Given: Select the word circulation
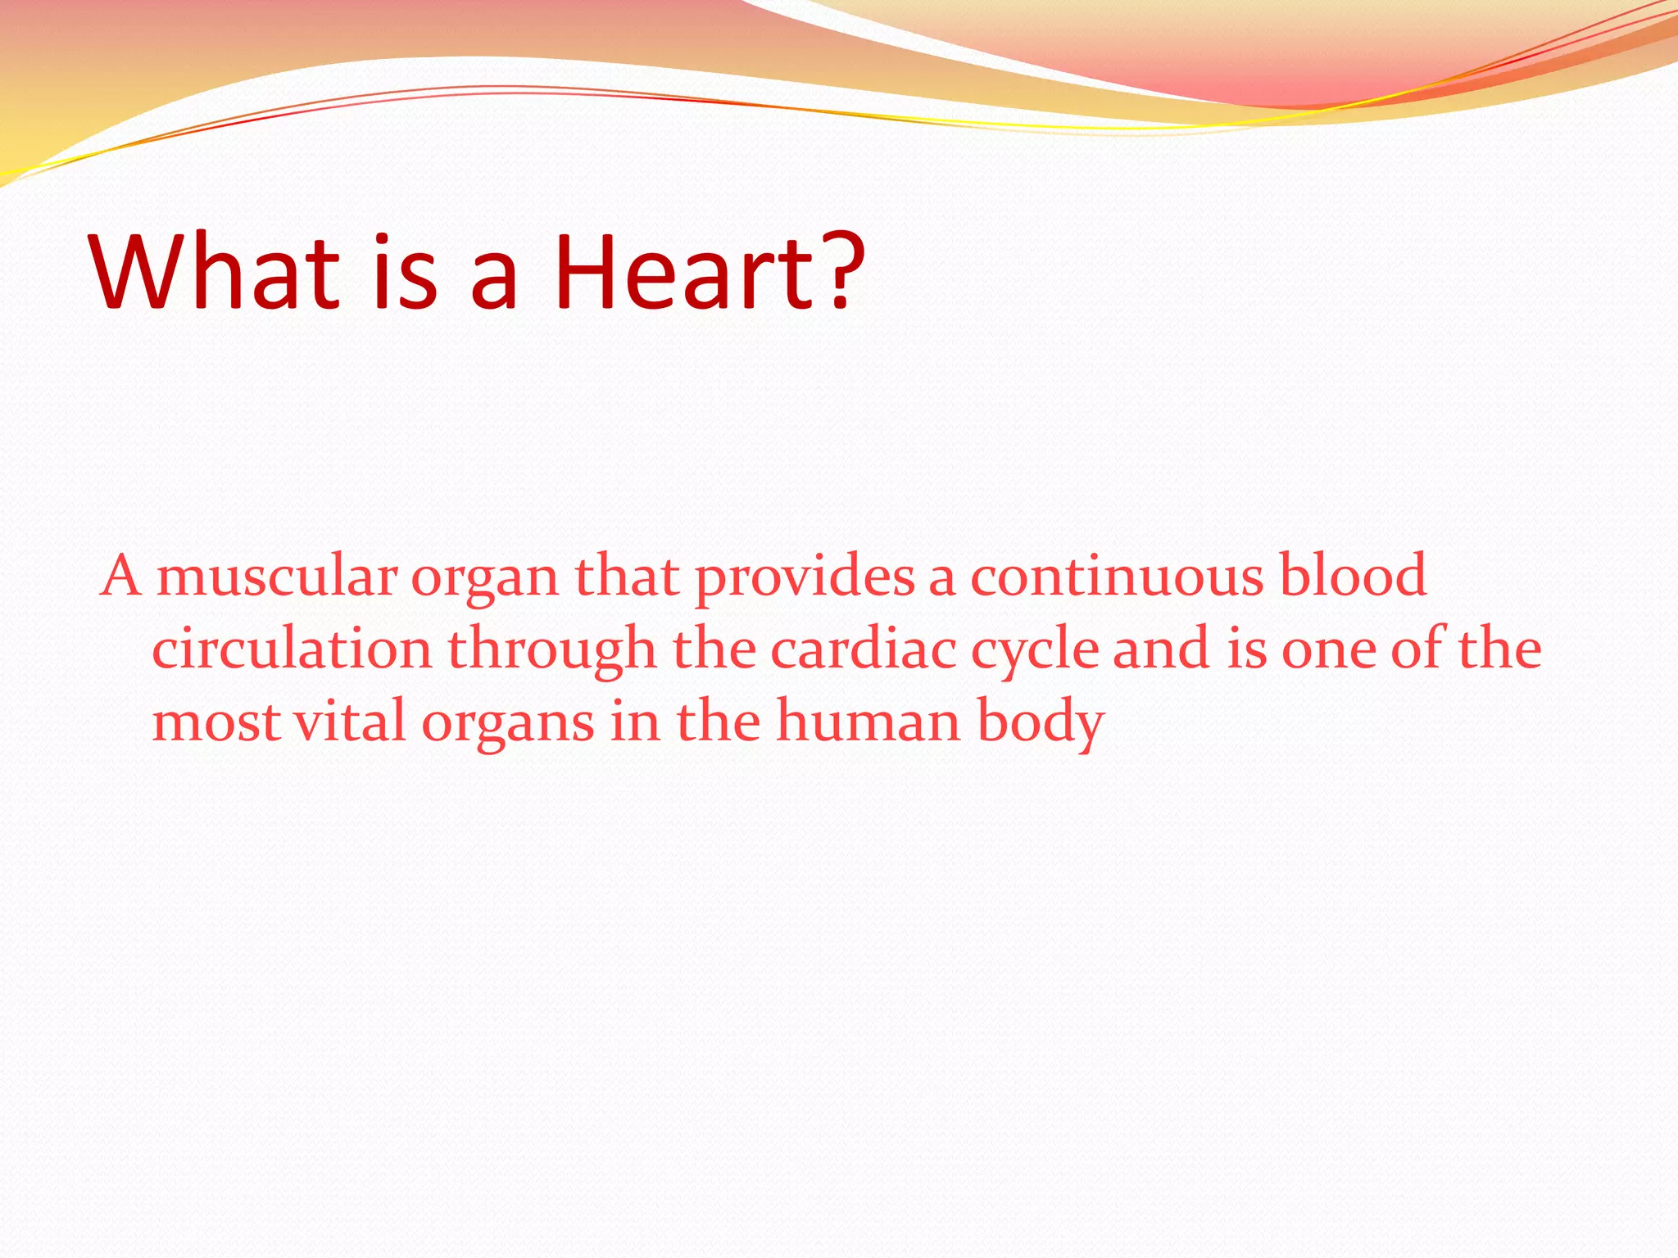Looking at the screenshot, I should coord(292,649).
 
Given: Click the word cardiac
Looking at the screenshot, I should coord(864,649).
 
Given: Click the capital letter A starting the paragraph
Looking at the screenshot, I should coord(121,577).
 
